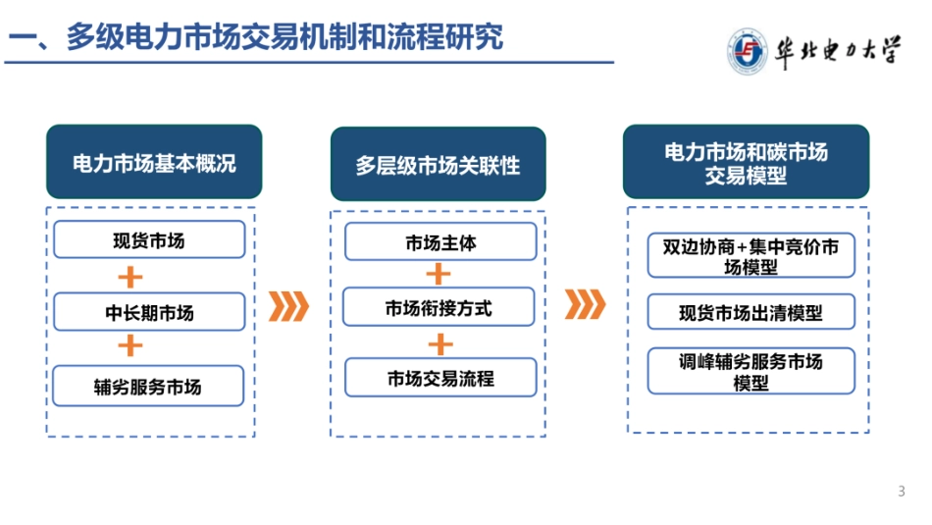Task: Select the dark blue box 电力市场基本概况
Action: [x=154, y=163]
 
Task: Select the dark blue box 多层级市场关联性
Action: [x=438, y=165]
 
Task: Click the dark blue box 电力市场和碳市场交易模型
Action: [x=747, y=163]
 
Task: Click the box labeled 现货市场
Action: [x=149, y=239]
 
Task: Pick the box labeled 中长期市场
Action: [x=149, y=313]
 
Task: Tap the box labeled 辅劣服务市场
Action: [x=149, y=386]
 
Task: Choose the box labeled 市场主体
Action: [x=440, y=242]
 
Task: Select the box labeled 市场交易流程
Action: [x=440, y=378]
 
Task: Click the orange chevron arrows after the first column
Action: [x=288, y=306]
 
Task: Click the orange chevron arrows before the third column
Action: [x=586, y=305]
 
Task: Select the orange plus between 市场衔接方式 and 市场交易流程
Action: [x=441, y=343]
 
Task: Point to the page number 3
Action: [x=902, y=491]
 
